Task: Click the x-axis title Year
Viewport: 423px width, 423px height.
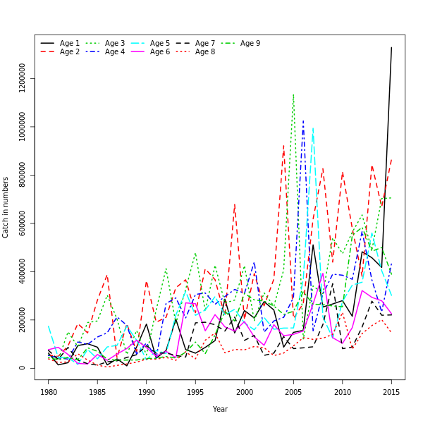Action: click(x=220, y=409)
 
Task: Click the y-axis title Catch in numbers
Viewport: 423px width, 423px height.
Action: click(x=6, y=207)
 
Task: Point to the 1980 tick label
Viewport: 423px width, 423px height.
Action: click(x=49, y=392)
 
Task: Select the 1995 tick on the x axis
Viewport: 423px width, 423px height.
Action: click(x=195, y=392)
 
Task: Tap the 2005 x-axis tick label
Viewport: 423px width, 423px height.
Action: click(x=293, y=392)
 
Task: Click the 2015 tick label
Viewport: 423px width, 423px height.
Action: click(x=391, y=392)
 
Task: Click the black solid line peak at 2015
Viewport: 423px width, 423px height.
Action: click(x=391, y=47)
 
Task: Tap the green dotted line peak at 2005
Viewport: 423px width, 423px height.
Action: click(x=293, y=94)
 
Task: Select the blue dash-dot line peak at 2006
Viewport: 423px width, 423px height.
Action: click(x=303, y=121)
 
